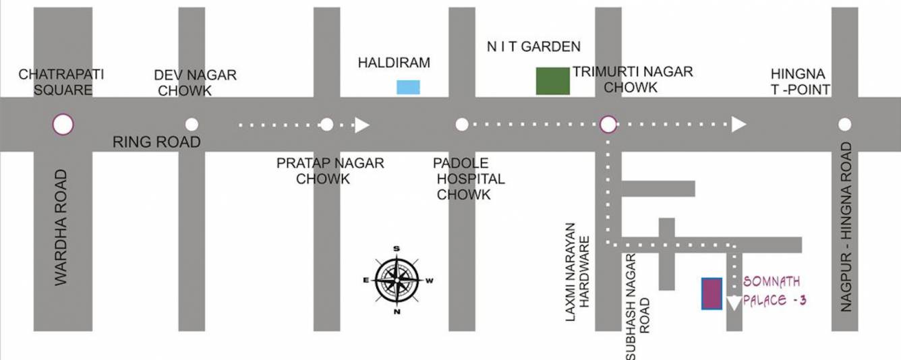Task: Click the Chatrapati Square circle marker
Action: pyautogui.click(x=63, y=124)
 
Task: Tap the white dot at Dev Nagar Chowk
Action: pyautogui.click(x=192, y=124)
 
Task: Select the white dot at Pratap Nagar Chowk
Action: pyautogui.click(x=327, y=124)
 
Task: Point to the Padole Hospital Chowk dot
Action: pyautogui.click(x=462, y=124)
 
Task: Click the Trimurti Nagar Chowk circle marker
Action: pyautogui.click(x=608, y=124)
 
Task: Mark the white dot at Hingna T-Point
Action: pyautogui.click(x=844, y=124)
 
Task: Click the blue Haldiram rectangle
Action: pyautogui.click(x=408, y=87)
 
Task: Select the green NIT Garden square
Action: pyautogui.click(x=552, y=81)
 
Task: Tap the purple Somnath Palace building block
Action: pyautogui.click(x=711, y=293)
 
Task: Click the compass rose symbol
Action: pyautogui.click(x=397, y=280)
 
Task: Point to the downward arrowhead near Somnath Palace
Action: pyautogui.click(x=734, y=303)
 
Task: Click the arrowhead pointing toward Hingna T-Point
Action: pyautogui.click(x=739, y=124)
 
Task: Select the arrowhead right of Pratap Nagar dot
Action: pyautogui.click(x=362, y=125)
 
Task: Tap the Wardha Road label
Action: pyautogui.click(x=61, y=227)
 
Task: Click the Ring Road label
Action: pyautogui.click(x=156, y=142)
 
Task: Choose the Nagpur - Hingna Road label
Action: pyautogui.click(x=846, y=227)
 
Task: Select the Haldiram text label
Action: pyautogui.click(x=394, y=63)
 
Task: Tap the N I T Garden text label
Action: pyautogui.click(x=533, y=47)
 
